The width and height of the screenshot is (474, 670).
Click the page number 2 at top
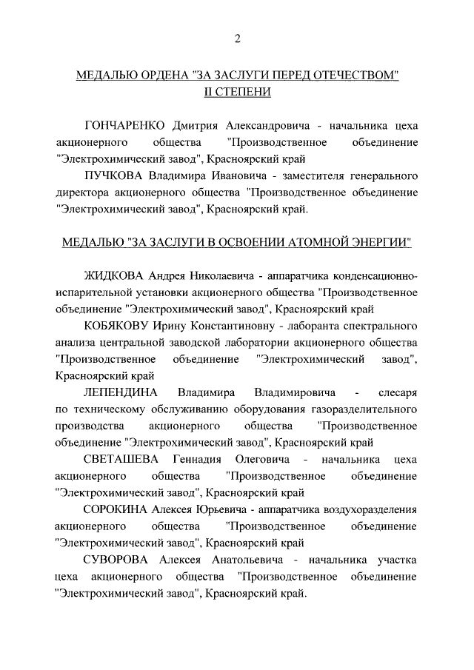click(x=237, y=38)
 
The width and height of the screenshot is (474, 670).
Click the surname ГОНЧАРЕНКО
click(x=123, y=123)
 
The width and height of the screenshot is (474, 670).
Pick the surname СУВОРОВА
click(x=118, y=559)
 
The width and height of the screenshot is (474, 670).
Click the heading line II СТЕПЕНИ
click(x=237, y=93)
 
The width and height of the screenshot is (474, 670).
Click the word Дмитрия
click(x=195, y=123)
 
